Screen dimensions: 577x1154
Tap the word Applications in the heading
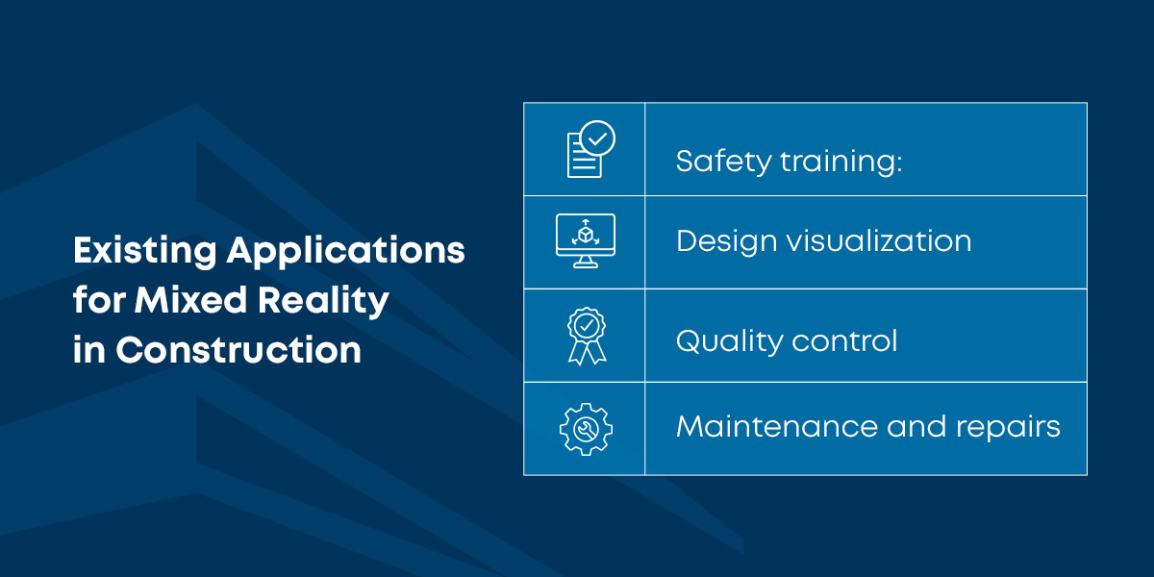click(x=345, y=251)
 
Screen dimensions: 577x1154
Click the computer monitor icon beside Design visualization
click(x=585, y=240)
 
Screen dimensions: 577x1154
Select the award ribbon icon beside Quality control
click(x=586, y=335)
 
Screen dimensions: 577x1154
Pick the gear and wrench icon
click(x=586, y=428)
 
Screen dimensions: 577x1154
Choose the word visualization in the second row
click(x=879, y=240)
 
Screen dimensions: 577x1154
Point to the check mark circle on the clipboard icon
click(x=598, y=138)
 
